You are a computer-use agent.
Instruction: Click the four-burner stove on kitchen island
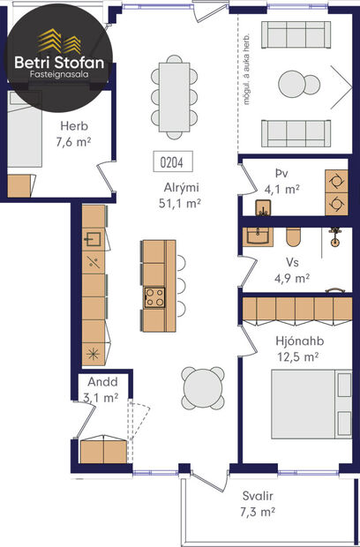click(154, 296)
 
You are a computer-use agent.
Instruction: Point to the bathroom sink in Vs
click(259, 235)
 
